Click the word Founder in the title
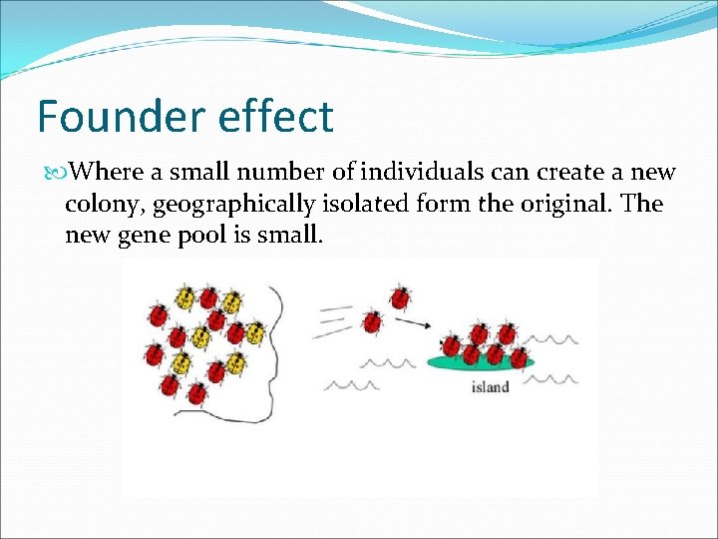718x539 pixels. [x=104, y=117]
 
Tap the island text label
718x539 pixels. [x=490, y=386]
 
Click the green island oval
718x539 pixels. [x=482, y=363]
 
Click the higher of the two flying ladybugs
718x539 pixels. [x=400, y=296]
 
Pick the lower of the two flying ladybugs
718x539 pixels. [x=372, y=320]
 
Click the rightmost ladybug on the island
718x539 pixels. [x=519, y=356]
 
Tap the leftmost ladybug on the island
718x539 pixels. [x=452, y=346]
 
